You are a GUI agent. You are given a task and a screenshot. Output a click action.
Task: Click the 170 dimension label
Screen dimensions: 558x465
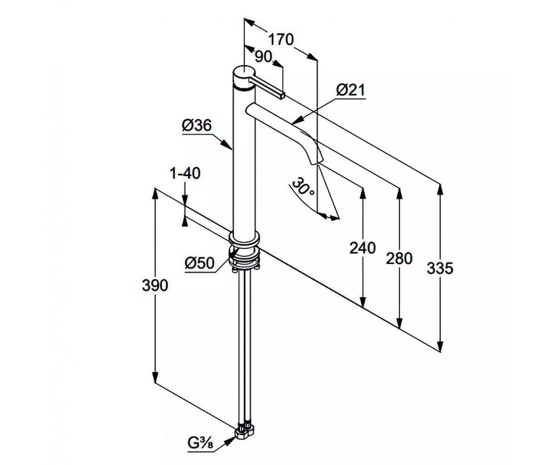pos(281,40)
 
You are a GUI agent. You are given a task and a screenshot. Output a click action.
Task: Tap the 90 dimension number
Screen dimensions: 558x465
pos(263,57)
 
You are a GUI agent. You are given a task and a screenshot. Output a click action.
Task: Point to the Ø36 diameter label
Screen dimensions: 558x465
pos(197,125)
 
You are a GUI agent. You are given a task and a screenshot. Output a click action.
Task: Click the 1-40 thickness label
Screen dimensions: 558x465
pos(185,173)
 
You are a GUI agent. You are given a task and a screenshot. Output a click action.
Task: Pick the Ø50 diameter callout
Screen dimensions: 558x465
pos(199,263)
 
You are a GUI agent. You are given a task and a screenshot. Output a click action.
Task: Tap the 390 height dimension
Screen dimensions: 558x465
pos(155,285)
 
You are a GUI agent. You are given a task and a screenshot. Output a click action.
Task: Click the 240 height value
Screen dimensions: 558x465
pos(362,248)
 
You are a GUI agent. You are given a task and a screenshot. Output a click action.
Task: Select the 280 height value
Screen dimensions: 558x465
pos(399,259)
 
